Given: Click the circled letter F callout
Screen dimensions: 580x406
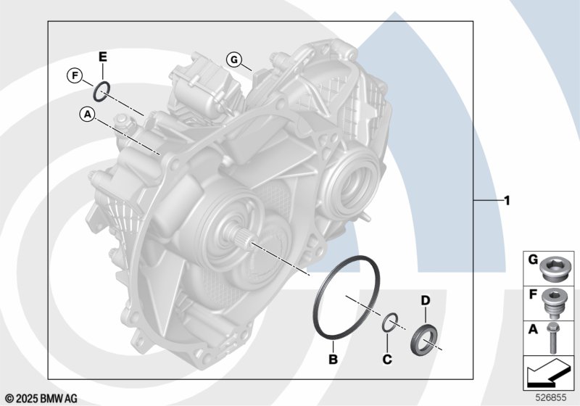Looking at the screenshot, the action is pos(75,76).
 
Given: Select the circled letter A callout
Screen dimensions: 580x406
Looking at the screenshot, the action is pos(87,114).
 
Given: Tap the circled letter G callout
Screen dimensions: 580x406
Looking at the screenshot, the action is pos(233,59).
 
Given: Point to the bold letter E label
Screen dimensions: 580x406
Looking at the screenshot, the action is pos(102,57).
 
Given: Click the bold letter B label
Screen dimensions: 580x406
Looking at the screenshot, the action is pos(333,359).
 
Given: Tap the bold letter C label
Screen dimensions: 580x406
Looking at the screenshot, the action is pos(387,359).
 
